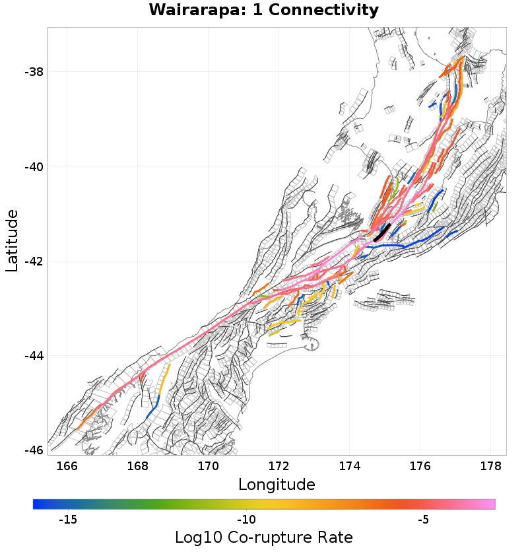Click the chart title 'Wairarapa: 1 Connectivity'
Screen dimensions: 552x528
click(263, 11)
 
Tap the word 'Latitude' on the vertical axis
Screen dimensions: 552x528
click(12, 240)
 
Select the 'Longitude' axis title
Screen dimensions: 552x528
click(277, 485)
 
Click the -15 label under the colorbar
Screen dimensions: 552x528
click(68, 520)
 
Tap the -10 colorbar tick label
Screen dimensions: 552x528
click(246, 520)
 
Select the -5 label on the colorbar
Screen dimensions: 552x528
click(424, 520)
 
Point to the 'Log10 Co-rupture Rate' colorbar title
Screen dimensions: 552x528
click(263, 537)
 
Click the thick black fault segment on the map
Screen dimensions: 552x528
click(382, 233)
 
